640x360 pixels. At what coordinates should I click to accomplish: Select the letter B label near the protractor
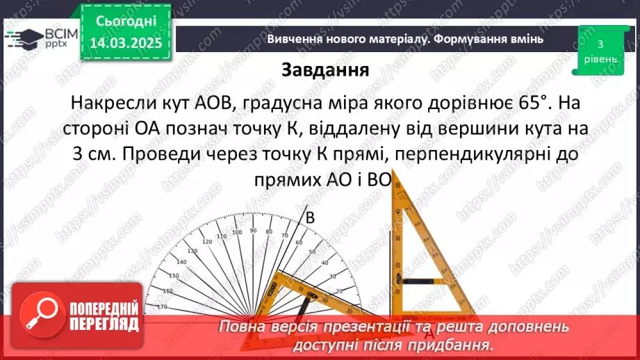pyautogui.click(x=311, y=218)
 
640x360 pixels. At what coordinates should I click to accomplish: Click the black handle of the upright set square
pyautogui.click(x=415, y=282)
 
